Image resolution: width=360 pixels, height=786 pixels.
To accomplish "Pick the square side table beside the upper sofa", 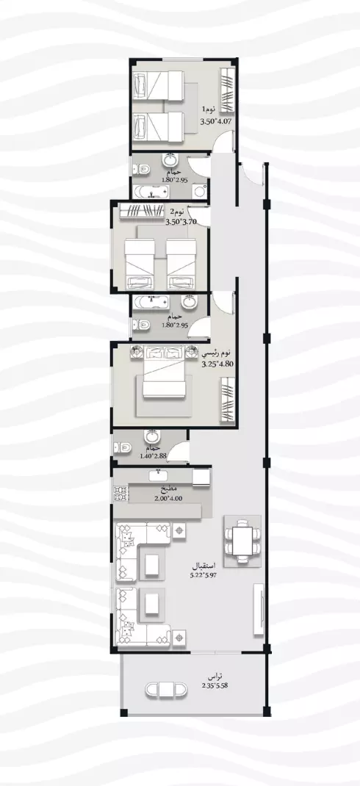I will point(179,530).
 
